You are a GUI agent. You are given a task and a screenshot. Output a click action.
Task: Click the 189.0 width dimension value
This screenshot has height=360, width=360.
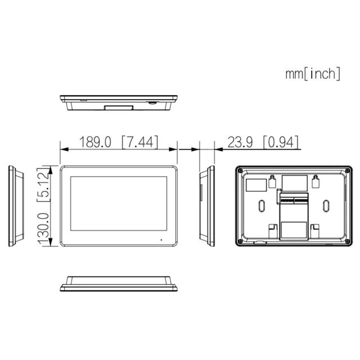coord(95,142)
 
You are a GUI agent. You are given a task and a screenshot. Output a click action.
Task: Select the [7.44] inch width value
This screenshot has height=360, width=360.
coord(140,142)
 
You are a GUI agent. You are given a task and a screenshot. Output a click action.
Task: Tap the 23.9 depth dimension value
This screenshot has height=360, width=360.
coord(240,142)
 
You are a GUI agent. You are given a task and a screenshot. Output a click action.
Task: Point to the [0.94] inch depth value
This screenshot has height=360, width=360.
coord(281,142)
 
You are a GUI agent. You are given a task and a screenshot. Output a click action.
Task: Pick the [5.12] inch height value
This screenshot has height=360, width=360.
coord(43,185)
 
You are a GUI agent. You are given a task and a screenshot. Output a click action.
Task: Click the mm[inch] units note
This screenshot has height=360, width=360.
coord(313,74)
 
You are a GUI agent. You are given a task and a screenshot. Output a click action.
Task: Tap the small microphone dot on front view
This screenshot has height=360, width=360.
coord(161,240)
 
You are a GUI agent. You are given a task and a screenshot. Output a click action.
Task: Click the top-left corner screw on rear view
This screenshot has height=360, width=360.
coord(240,170)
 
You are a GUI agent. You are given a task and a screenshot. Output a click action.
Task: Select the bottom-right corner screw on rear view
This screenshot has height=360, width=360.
coord(348,241)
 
